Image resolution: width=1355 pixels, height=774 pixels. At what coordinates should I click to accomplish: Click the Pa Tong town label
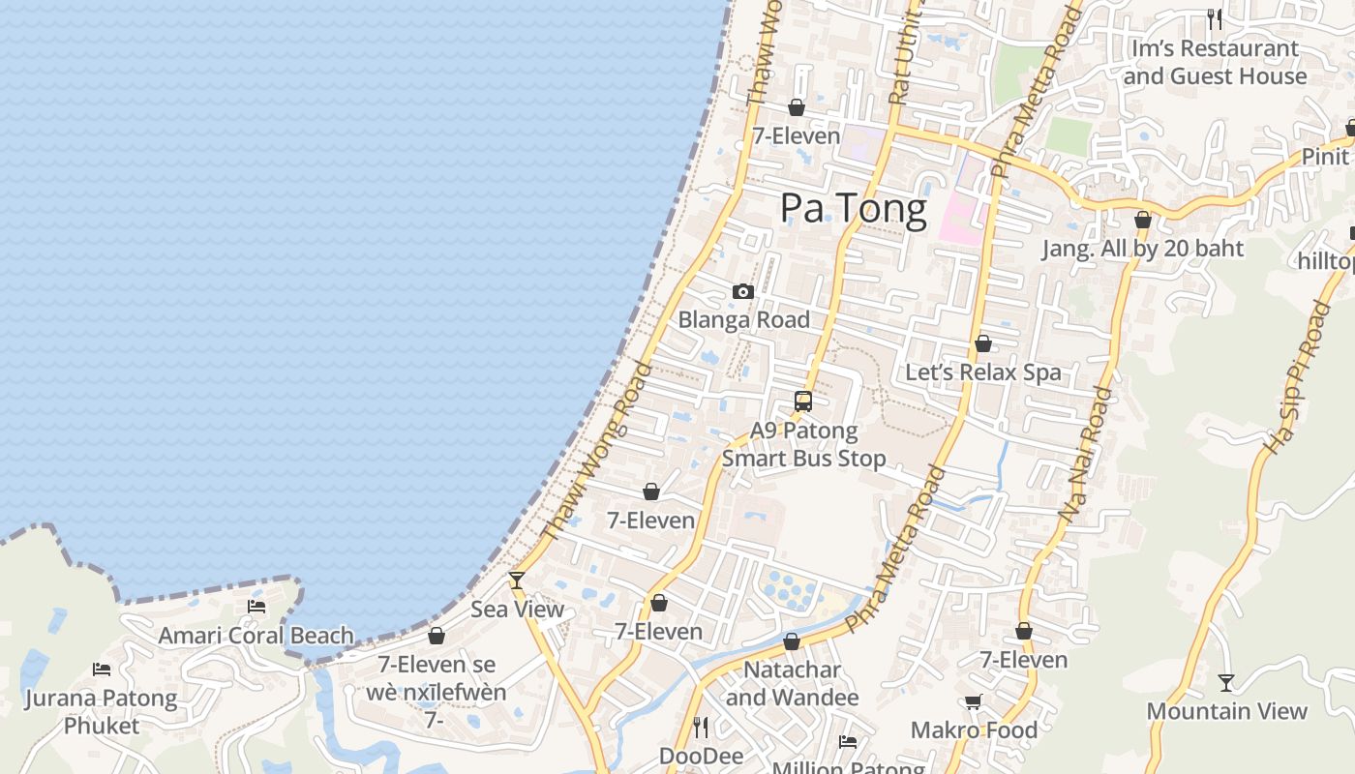coord(853,208)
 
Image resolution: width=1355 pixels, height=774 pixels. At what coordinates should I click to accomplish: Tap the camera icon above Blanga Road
coord(743,291)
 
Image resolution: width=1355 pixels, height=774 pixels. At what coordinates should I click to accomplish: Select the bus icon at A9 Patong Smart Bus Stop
coord(803,401)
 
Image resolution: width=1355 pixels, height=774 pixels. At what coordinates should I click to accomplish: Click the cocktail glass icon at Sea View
coord(517,580)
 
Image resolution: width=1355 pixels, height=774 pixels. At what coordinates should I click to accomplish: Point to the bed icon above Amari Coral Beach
coord(256,607)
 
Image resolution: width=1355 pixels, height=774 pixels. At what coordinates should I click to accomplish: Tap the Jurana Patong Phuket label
coord(102,711)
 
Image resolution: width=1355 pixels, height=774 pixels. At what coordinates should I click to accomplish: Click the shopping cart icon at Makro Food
coord(973,701)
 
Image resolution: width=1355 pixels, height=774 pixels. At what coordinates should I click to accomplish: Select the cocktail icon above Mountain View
coord(1226,682)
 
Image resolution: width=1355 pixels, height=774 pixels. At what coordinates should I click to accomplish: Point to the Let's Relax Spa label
coord(982,372)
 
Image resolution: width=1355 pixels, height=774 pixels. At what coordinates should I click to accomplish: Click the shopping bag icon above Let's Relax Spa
coord(983,343)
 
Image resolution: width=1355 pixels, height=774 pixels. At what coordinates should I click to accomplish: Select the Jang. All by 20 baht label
coord(1142,249)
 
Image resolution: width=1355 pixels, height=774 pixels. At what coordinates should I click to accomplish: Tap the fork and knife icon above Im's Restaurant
coord(1215,18)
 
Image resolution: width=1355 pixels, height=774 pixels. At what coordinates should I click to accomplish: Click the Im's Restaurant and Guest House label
coord(1215,62)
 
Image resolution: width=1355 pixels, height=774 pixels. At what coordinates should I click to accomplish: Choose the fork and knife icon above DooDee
coord(702,726)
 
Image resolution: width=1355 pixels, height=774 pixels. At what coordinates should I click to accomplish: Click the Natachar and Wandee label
coord(792,683)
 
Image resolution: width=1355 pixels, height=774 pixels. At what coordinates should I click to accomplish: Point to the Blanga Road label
coord(743,320)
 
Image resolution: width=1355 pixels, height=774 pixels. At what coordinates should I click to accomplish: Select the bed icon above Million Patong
coord(848,742)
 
